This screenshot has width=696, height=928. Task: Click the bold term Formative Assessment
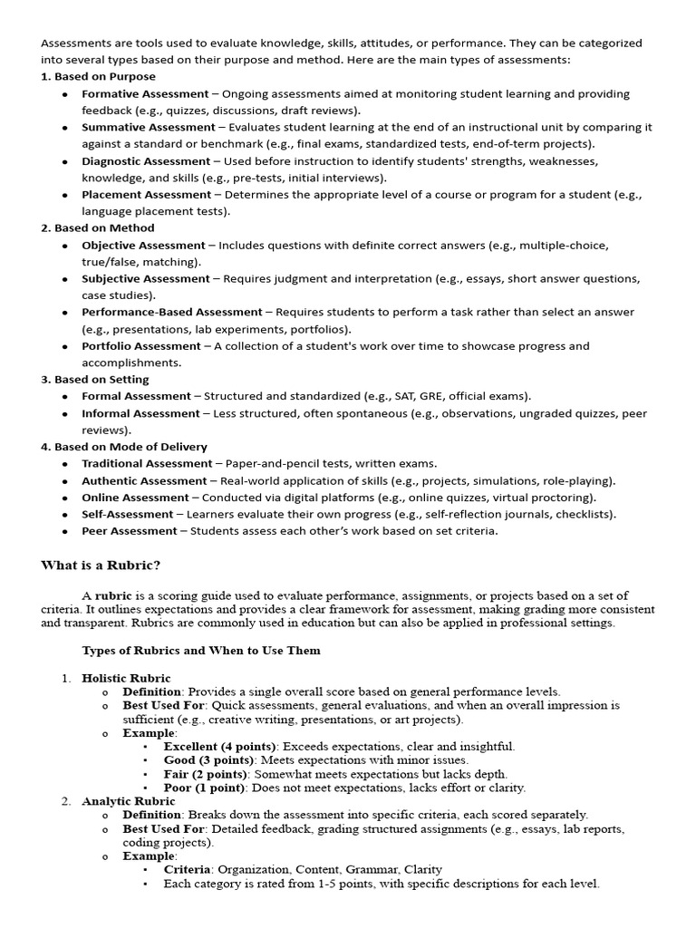click(143, 93)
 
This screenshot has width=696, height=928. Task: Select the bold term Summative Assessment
click(149, 127)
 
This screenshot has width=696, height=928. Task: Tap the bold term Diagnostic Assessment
click(146, 160)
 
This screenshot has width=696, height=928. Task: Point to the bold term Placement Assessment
click(146, 194)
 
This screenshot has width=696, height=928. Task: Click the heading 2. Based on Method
click(98, 227)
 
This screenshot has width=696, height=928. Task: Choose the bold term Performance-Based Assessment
click(171, 312)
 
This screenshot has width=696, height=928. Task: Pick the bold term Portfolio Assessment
click(141, 345)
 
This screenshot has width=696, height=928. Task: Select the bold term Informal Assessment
click(140, 413)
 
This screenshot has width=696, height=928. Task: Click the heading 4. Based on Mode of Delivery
click(124, 447)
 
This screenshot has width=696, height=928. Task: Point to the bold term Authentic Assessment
click(144, 480)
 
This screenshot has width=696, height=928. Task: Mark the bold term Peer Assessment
click(130, 531)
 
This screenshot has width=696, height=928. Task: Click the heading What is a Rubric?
click(101, 565)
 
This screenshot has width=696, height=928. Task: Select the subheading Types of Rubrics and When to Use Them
click(200, 651)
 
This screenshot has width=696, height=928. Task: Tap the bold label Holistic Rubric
click(126, 678)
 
